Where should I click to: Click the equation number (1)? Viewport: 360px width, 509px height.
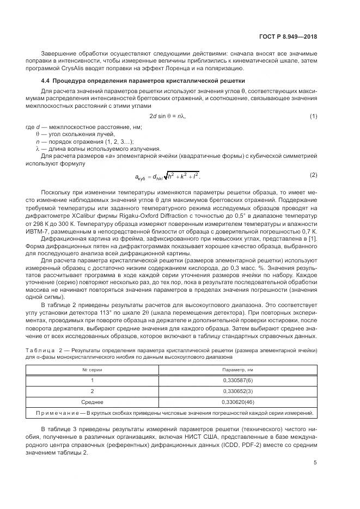[313, 116]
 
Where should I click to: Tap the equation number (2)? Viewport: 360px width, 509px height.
[313, 175]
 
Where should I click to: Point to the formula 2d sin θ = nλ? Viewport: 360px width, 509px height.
[170, 116]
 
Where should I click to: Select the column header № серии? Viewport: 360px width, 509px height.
[93, 370]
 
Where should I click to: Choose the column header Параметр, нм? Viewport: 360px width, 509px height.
[237, 370]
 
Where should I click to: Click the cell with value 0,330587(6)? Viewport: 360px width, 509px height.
[237, 381]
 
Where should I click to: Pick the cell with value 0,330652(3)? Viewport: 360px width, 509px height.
[237, 391]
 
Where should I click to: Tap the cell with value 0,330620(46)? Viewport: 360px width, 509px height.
[237, 402]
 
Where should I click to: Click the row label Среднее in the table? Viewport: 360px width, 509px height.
[93, 402]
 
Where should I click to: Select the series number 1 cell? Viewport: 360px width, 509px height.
[93, 381]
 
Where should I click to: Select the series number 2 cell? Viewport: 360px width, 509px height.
[93, 391]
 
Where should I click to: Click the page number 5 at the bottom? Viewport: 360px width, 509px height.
[315, 463]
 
